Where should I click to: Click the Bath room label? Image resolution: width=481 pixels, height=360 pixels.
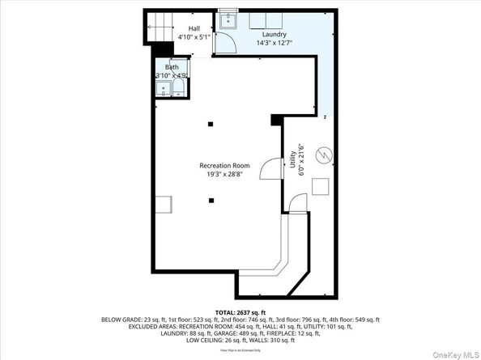(172, 67)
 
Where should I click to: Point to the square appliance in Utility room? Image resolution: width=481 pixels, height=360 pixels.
(321, 186)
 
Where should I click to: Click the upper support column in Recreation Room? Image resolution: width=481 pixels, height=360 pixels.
(211, 123)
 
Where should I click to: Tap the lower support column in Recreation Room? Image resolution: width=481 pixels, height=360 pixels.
(211, 200)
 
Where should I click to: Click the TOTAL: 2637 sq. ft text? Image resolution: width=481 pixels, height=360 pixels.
(239, 312)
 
